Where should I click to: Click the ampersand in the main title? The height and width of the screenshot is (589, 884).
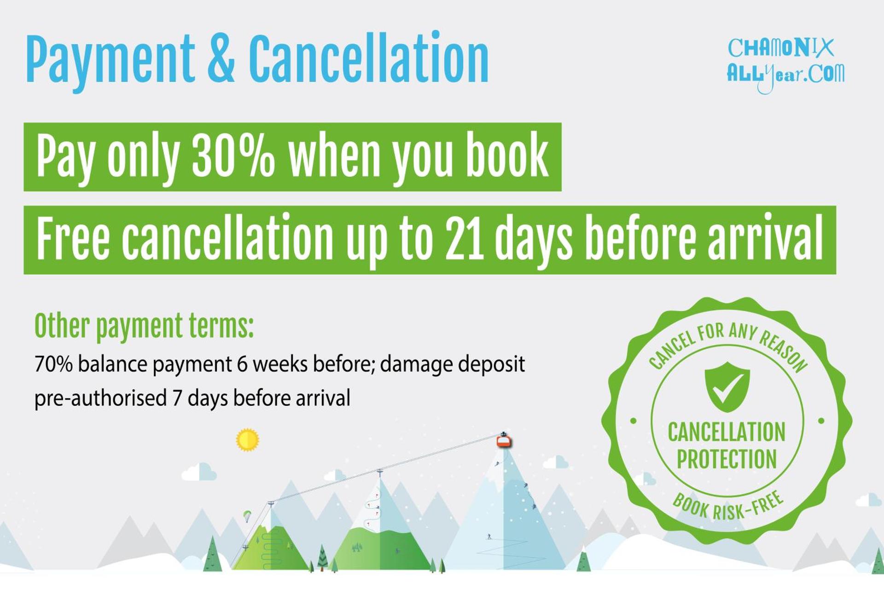(x=221, y=59)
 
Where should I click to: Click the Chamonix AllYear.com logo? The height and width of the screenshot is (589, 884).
(x=785, y=65)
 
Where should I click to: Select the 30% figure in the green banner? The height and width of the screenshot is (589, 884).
(x=233, y=156)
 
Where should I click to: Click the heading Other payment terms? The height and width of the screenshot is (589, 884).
(x=144, y=326)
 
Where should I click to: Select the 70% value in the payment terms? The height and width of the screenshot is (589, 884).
(x=53, y=364)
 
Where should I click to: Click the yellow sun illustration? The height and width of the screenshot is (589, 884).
(x=248, y=440)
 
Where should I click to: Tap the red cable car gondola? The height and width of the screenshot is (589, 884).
(x=504, y=441)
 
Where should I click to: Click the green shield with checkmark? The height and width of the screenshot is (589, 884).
(x=727, y=387)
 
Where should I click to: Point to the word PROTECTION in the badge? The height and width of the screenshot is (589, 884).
(x=727, y=459)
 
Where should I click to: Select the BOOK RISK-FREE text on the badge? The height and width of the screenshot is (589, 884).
(x=728, y=506)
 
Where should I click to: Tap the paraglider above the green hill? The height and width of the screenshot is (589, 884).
(x=247, y=516)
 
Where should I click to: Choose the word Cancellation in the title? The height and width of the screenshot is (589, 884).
(x=369, y=59)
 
